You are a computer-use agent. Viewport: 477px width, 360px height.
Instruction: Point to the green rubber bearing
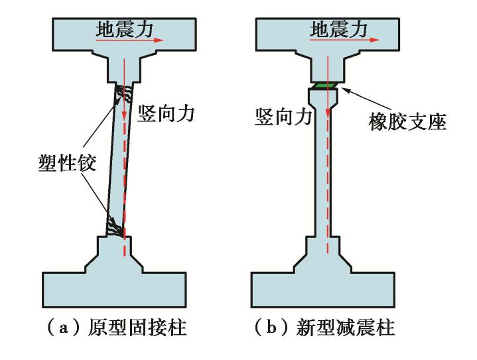325,86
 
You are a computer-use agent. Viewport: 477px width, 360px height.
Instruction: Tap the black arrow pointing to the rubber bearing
351,99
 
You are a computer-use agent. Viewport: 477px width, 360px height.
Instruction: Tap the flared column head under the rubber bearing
324,99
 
